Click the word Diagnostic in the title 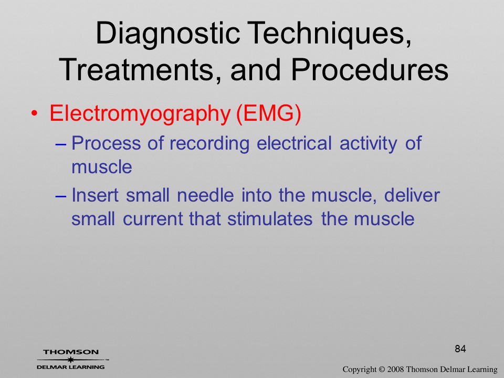(x=168, y=34)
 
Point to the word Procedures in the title (x=370, y=69)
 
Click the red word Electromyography (x=140, y=114)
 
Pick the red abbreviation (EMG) (x=269, y=113)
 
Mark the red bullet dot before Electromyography (x=35, y=114)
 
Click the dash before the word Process (x=60, y=144)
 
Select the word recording (x=209, y=144)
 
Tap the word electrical (x=294, y=143)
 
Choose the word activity (x=369, y=144)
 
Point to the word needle (x=205, y=195)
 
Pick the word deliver (x=412, y=195)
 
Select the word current (x=153, y=219)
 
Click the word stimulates (x=270, y=219)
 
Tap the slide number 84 (x=460, y=349)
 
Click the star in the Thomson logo (x=70, y=360)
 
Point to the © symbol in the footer (x=382, y=370)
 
